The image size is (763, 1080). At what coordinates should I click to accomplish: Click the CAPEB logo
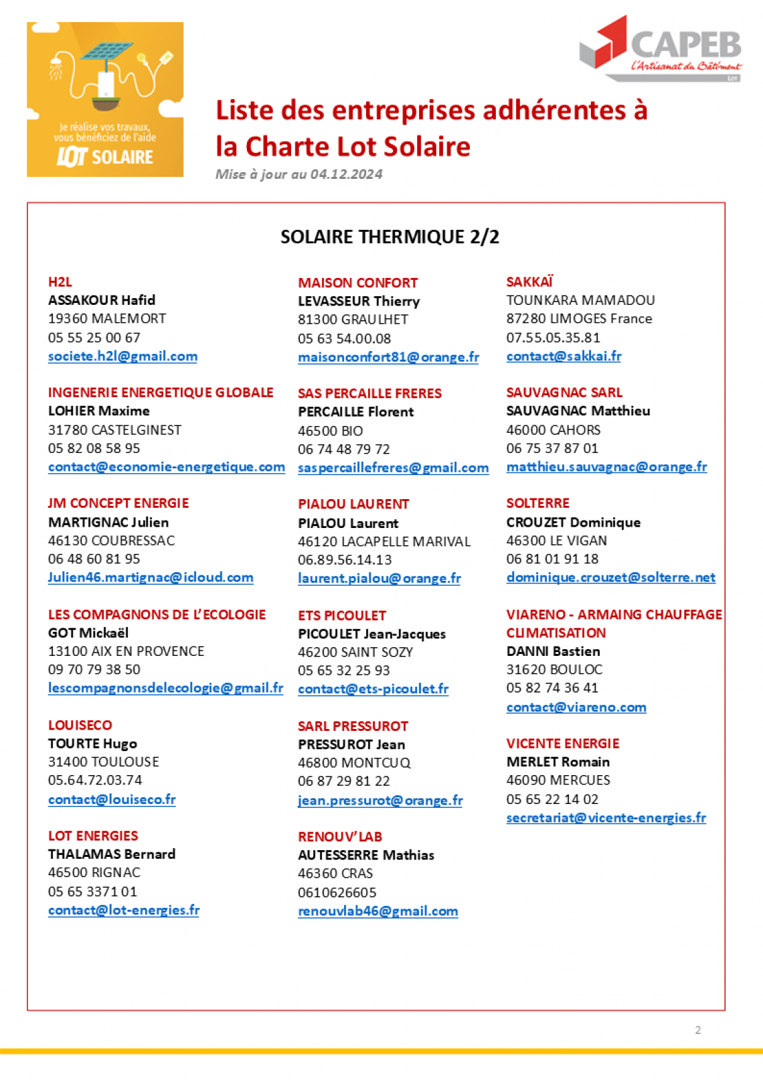(x=661, y=48)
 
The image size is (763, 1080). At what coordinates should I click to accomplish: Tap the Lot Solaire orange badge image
(x=105, y=99)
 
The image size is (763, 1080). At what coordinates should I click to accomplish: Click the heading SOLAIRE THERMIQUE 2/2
(x=390, y=237)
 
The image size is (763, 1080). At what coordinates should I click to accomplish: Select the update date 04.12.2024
(x=346, y=174)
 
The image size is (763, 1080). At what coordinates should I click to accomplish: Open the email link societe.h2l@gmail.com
(x=122, y=356)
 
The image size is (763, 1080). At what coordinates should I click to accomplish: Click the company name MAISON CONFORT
(x=357, y=283)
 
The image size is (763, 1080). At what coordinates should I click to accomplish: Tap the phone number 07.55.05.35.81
(x=553, y=338)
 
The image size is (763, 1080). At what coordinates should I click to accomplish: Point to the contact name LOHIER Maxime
(x=98, y=411)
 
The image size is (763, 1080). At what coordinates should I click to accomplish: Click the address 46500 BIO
(x=330, y=431)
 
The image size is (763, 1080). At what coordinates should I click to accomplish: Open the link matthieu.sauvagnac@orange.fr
(x=606, y=467)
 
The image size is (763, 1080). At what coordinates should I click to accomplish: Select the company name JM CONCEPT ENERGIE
(x=118, y=503)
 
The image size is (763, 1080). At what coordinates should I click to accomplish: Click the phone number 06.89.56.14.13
(x=345, y=560)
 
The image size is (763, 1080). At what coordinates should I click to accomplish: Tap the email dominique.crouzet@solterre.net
(x=610, y=578)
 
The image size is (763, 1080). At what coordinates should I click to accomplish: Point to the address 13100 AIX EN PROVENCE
(x=126, y=651)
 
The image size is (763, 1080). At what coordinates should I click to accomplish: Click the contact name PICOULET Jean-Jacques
(x=371, y=634)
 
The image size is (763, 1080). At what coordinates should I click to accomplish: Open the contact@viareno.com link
(x=576, y=707)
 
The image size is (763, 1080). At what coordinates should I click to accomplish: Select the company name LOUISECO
(x=80, y=725)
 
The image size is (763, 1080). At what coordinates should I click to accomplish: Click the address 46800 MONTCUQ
(x=354, y=763)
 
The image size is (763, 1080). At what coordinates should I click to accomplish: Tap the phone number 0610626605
(x=337, y=892)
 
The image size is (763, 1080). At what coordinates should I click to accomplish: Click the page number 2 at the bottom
(x=697, y=1030)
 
